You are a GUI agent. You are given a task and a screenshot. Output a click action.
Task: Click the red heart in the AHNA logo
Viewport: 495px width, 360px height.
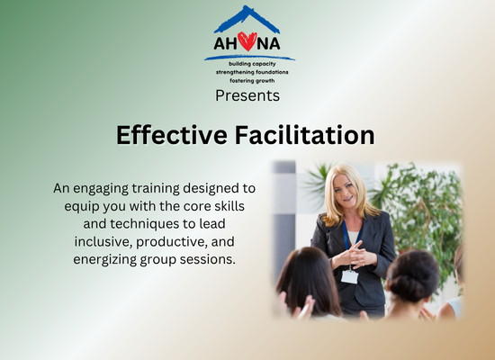coord(247,41)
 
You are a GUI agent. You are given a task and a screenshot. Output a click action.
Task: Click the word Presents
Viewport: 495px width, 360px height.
coord(247,95)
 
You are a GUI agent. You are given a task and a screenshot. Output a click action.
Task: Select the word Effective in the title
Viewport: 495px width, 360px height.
coord(172,135)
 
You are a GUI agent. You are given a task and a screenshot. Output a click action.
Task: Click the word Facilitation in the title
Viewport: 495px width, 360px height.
coord(304,135)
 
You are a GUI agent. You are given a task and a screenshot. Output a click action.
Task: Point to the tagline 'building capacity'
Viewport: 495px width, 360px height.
coord(252,64)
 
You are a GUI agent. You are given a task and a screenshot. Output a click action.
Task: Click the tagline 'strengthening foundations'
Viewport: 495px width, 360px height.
coord(252,72)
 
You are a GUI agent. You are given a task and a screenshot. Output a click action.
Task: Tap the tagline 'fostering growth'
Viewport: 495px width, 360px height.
coord(252,80)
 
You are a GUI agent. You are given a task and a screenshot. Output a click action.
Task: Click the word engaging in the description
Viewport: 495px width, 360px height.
coord(101,189)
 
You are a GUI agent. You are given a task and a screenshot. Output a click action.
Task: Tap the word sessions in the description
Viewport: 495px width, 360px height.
coord(208,259)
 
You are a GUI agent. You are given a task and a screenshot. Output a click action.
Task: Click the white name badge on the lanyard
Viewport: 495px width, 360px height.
coord(349,276)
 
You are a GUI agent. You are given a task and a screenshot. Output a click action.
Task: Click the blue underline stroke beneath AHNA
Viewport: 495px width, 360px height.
coord(249,58)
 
